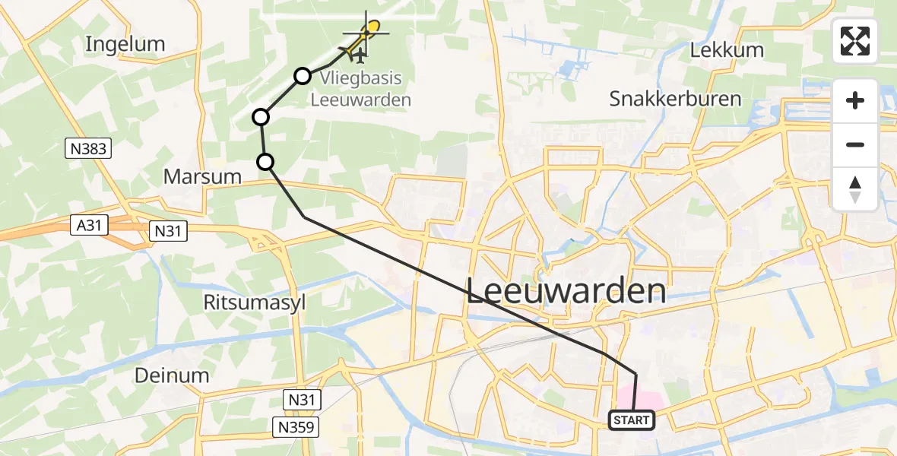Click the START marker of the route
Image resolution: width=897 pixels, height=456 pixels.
click(x=631, y=420)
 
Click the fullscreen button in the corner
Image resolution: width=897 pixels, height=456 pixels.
click(x=855, y=41)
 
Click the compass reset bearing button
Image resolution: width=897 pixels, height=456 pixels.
click(x=855, y=189)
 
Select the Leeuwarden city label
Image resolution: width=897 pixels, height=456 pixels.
click(x=566, y=291)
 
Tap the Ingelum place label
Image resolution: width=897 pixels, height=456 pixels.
click(x=125, y=44)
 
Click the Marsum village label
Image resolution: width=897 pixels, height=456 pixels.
click(x=203, y=177)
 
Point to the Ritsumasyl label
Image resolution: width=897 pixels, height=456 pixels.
click(x=254, y=302)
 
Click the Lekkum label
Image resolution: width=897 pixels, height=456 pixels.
click(x=726, y=51)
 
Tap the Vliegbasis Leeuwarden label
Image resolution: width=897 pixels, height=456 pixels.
click(x=360, y=90)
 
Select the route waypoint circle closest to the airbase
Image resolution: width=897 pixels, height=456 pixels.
click(x=303, y=75)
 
